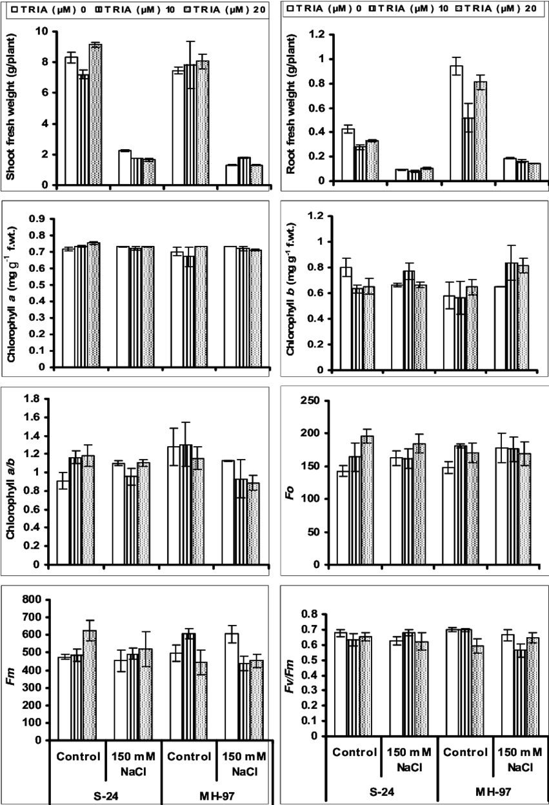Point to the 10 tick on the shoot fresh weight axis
tap(41, 32)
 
